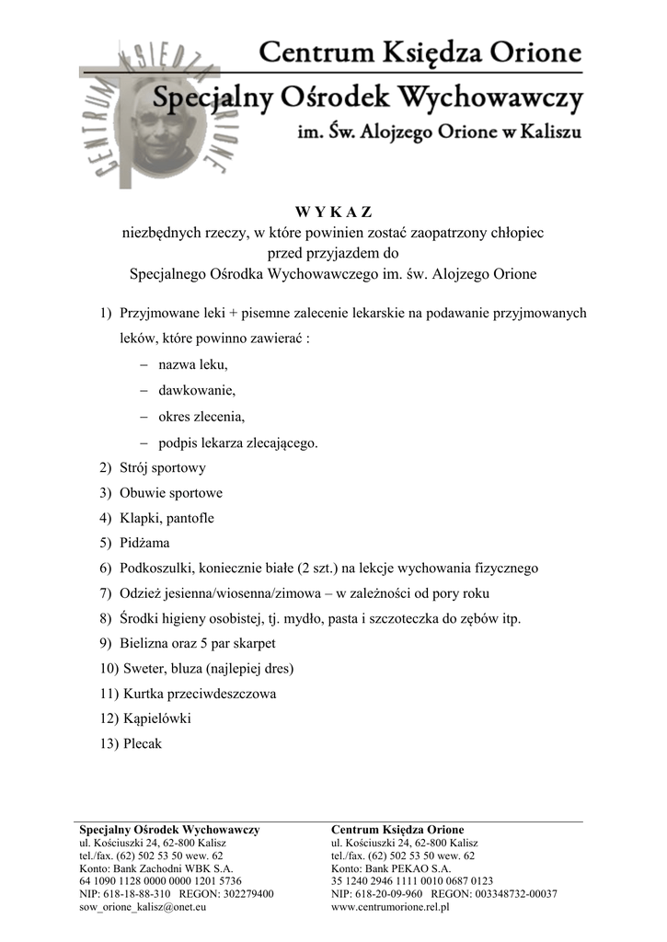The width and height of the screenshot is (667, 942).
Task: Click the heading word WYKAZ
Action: click(334, 214)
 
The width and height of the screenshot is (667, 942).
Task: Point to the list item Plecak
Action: click(143, 743)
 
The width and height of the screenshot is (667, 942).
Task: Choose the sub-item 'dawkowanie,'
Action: click(197, 390)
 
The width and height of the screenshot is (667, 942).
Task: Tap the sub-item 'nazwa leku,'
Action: click(192, 364)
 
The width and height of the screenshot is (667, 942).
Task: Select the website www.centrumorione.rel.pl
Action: click(390, 907)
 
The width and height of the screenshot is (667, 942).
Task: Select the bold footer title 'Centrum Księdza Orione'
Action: click(397, 829)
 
